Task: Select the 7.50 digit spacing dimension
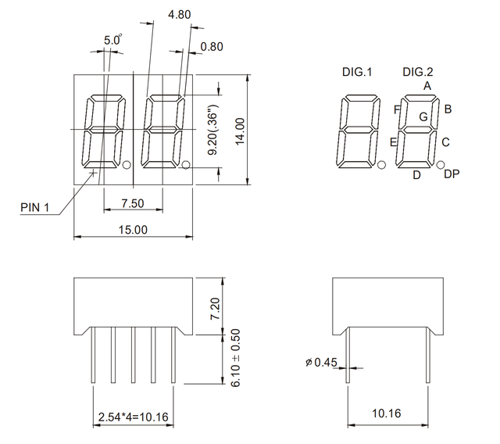point(133,203)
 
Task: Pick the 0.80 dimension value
point(212,46)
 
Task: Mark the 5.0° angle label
point(113,40)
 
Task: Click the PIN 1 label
point(35,207)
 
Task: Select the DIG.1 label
point(357,72)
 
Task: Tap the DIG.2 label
point(418,72)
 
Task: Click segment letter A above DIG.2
point(427,85)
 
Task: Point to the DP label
point(451,174)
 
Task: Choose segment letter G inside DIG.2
point(423,116)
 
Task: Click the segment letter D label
point(416,175)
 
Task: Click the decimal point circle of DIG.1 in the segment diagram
point(381,165)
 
